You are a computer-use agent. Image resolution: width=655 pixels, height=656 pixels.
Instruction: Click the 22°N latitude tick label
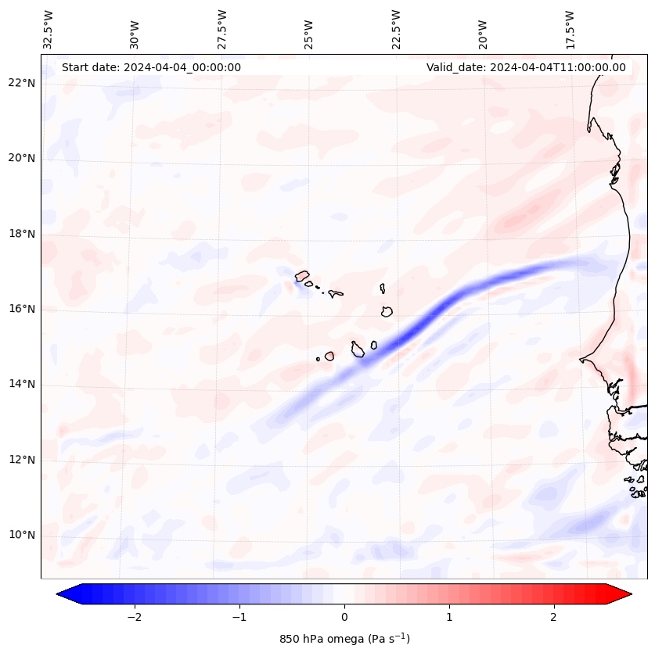[22, 83]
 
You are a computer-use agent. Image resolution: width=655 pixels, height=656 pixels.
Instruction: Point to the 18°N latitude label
[22, 234]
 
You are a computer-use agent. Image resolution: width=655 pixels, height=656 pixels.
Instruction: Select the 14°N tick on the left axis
[22, 385]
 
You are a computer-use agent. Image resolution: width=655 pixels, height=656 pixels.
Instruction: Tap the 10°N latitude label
[22, 536]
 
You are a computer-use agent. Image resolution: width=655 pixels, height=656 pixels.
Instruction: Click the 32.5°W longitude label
[49, 30]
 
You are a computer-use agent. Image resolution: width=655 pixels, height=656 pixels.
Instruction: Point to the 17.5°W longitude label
[570, 30]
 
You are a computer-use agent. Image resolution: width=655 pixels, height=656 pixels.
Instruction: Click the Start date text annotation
[151, 67]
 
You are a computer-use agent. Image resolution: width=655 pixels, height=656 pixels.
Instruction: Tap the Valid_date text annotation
[526, 67]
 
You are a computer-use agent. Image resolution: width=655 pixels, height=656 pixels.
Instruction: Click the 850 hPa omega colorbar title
[344, 639]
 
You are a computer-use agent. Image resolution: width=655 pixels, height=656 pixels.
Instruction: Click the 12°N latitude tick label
[22, 461]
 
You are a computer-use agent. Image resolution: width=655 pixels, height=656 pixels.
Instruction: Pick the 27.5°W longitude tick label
[222, 30]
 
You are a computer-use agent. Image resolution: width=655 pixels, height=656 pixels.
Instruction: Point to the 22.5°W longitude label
[396, 30]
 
